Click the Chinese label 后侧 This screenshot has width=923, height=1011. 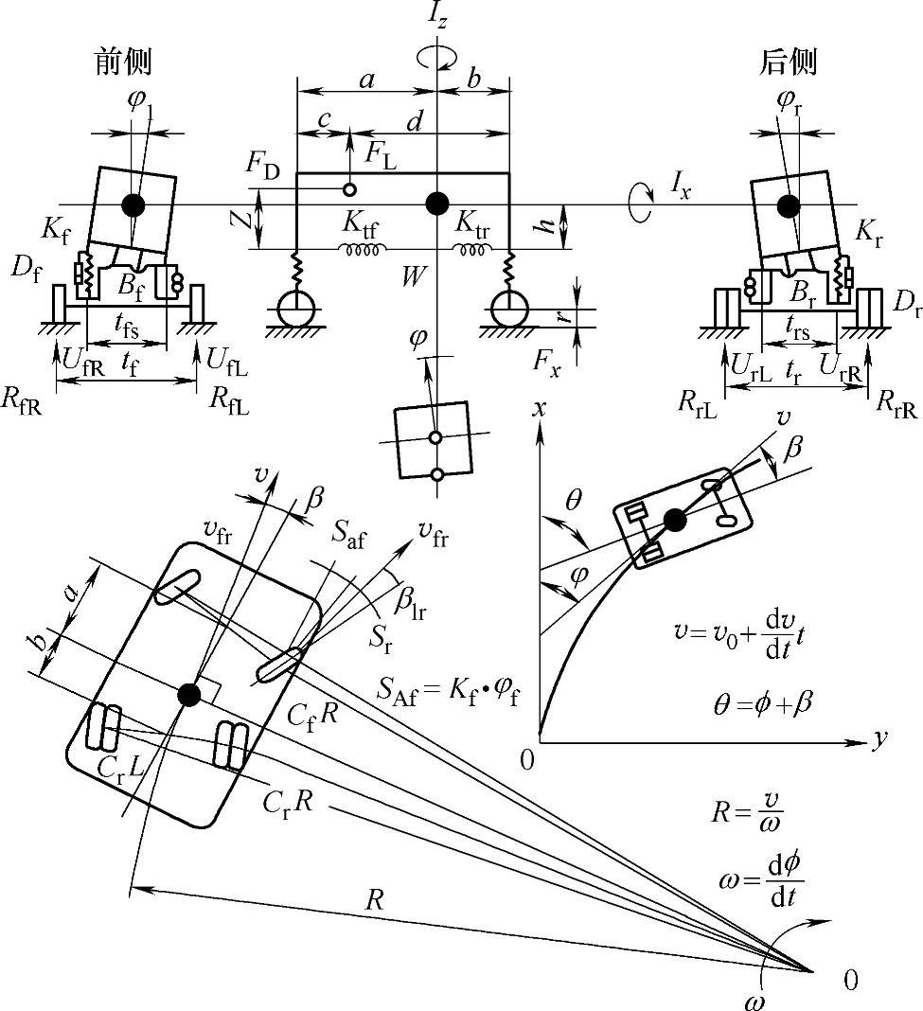point(789,62)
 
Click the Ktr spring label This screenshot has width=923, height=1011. point(471,224)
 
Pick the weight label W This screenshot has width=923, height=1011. point(414,276)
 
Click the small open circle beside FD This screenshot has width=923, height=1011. point(349,189)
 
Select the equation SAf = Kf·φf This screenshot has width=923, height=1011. point(449,693)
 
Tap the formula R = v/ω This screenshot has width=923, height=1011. point(747,812)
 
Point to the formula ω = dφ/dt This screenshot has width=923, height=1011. point(761,880)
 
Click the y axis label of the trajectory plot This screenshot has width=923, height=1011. point(879,739)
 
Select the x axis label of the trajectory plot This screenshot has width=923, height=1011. point(540,408)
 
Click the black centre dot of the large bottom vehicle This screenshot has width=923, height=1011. point(189,695)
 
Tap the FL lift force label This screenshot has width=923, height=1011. point(381,155)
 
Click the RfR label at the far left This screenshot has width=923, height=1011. point(22,400)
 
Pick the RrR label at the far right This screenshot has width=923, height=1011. point(896,404)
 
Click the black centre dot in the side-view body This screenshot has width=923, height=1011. point(437,204)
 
